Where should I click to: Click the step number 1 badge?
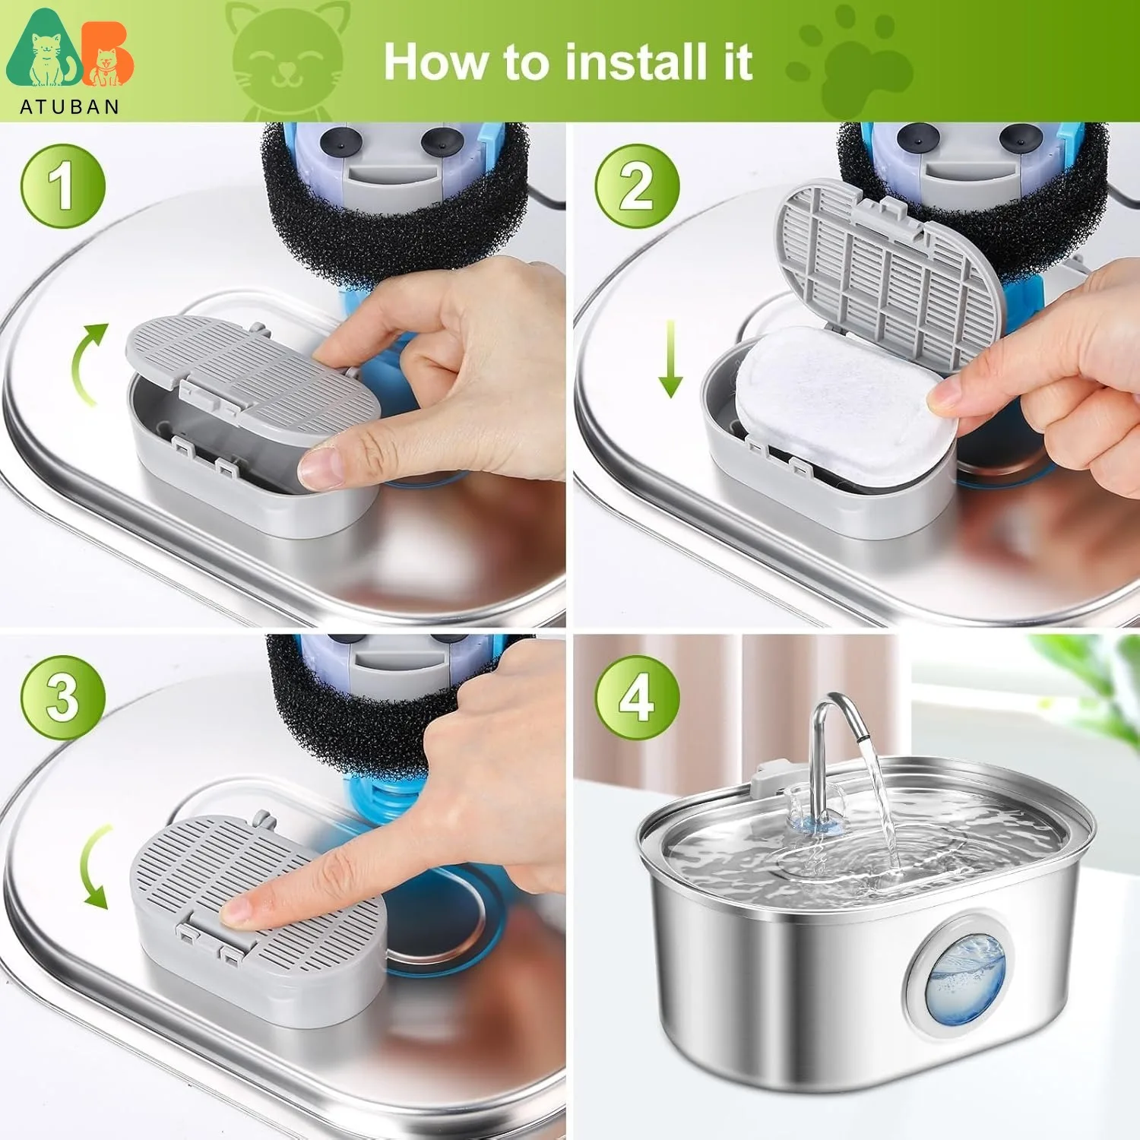click(x=62, y=186)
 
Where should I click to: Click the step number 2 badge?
click(x=636, y=186)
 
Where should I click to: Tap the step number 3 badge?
click(x=62, y=698)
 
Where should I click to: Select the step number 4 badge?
click(x=636, y=698)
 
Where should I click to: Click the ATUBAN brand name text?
click(x=70, y=107)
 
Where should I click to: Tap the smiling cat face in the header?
click(x=287, y=61)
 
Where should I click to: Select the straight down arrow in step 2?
click(x=670, y=359)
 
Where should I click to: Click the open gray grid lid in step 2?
click(x=889, y=274)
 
